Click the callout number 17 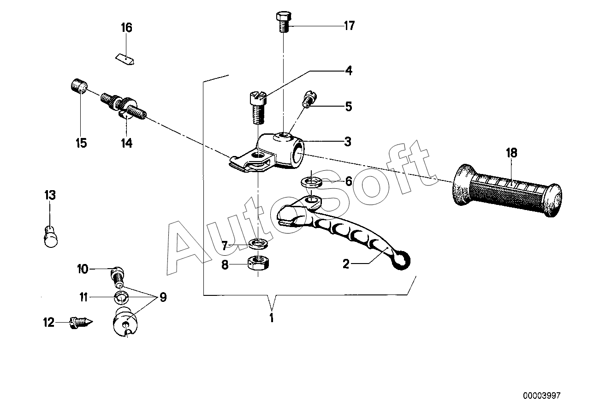click(349, 25)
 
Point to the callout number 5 click(348, 107)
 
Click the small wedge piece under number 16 click(125, 60)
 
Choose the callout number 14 click(126, 143)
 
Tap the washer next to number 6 click(311, 181)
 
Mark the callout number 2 click(346, 264)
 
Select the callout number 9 click(162, 297)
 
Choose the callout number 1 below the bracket click(272, 318)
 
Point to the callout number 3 click(348, 142)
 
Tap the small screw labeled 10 click(118, 276)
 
